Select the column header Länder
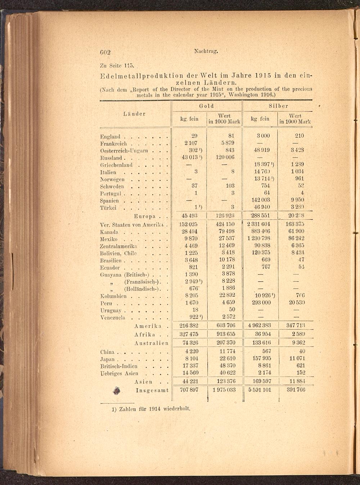click(134, 114)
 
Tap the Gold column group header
click(207, 106)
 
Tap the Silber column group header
click(278, 106)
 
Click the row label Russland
click(111, 158)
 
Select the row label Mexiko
click(109, 239)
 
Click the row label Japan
click(107, 359)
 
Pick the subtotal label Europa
click(145, 216)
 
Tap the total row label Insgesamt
click(152, 390)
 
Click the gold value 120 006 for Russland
click(225, 157)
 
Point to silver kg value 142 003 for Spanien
click(261, 200)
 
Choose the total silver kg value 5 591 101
click(260, 390)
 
